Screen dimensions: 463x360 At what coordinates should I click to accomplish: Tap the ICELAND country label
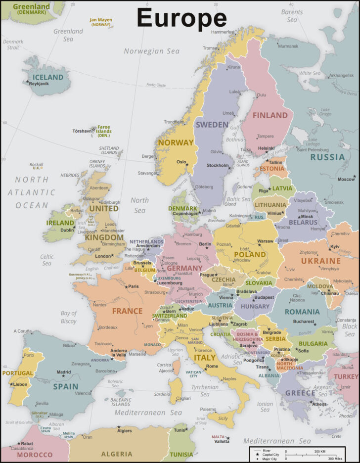tap(48, 77)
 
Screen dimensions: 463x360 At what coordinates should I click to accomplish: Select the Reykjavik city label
tap(40, 84)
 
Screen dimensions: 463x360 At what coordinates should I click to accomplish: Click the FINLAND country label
tap(270, 115)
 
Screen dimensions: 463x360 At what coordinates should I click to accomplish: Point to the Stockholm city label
tap(218, 165)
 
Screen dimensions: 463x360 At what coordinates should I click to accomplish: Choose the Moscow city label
tap(346, 179)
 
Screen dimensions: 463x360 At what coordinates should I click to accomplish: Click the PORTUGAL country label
tap(18, 373)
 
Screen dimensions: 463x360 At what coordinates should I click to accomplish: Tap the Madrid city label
tap(64, 372)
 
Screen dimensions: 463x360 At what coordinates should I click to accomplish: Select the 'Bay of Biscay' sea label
tap(69, 317)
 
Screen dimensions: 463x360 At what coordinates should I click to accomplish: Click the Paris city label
tap(134, 286)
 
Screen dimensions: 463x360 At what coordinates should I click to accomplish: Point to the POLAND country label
tap(250, 254)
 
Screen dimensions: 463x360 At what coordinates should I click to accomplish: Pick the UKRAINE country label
tap(321, 261)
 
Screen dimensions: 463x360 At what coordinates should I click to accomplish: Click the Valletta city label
tap(222, 441)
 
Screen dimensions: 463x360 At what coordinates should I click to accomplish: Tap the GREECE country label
tap(300, 393)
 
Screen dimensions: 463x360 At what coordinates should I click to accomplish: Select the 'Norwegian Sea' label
tap(151, 51)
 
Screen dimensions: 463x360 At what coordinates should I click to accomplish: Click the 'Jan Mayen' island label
tap(100, 20)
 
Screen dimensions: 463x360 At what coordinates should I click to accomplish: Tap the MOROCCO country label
tap(35, 454)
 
